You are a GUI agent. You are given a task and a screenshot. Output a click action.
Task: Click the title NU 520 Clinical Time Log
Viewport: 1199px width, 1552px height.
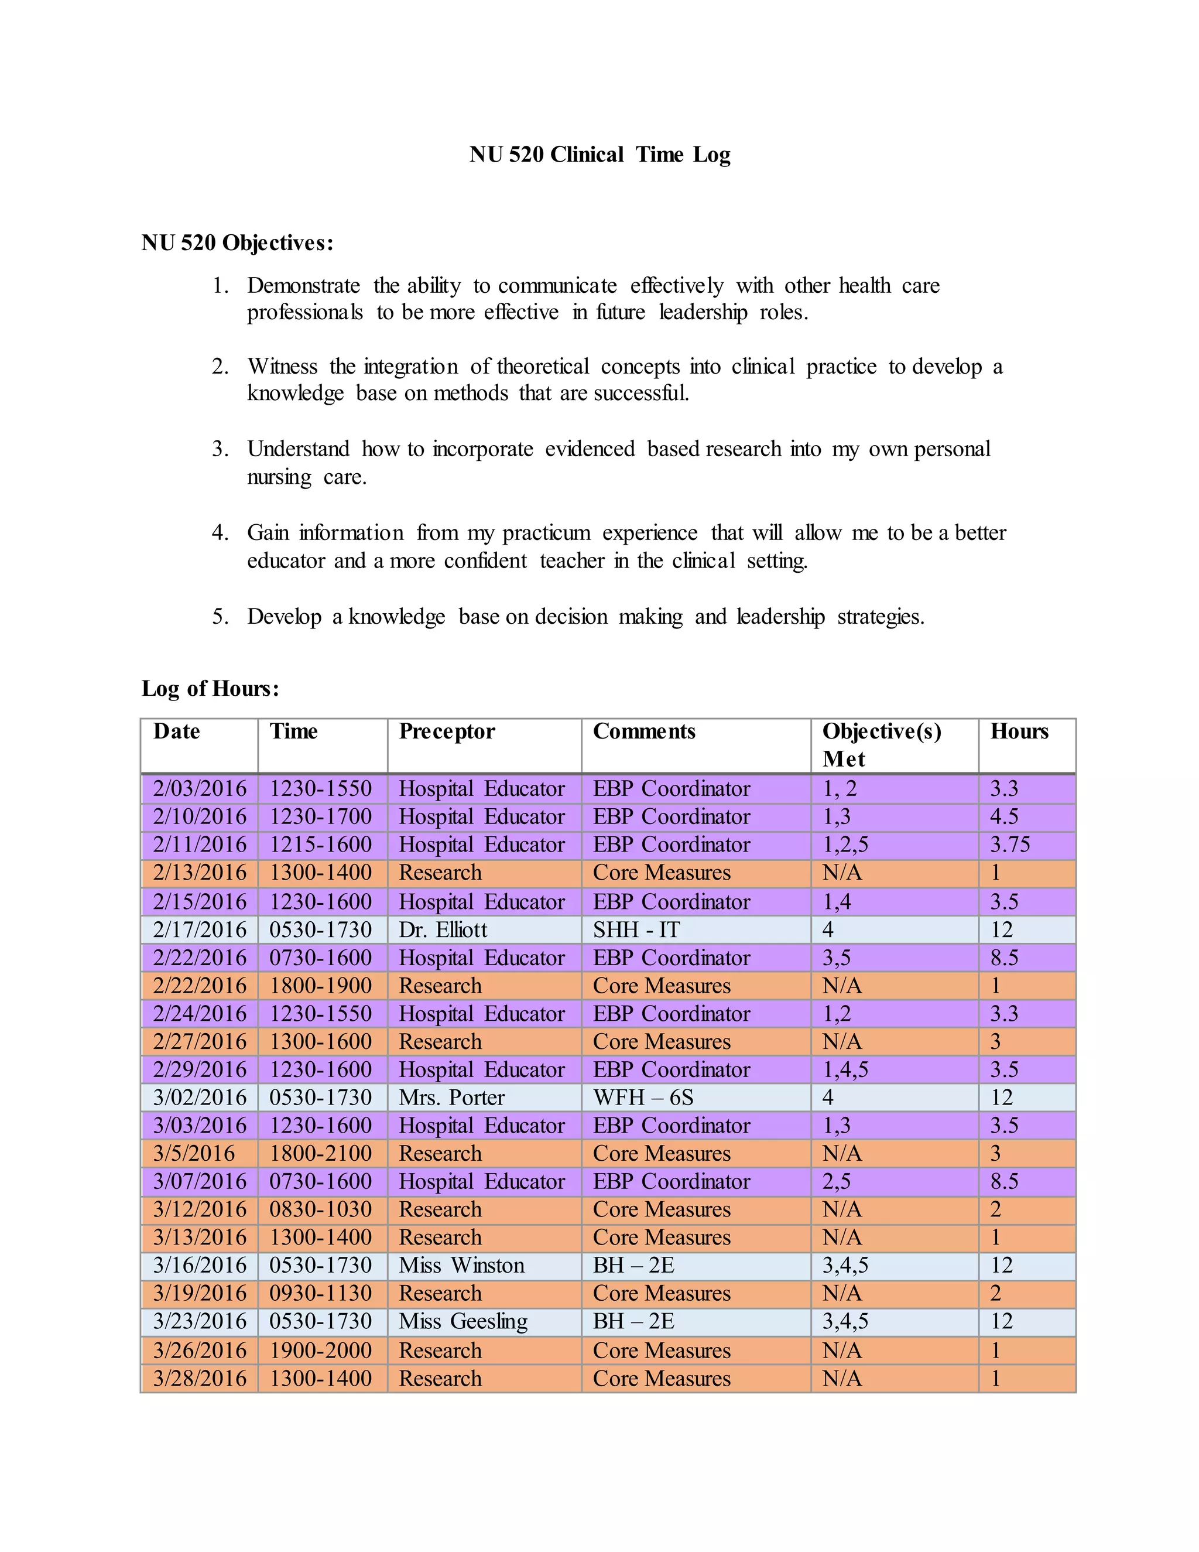[599, 154]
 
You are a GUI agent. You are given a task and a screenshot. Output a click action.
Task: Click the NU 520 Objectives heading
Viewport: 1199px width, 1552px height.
[237, 243]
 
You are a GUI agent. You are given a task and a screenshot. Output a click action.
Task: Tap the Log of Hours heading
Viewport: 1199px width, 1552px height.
[210, 688]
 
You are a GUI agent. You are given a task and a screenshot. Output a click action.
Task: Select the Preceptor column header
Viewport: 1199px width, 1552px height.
[447, 731]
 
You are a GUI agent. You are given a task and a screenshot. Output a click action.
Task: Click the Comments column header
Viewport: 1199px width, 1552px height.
[643, 731]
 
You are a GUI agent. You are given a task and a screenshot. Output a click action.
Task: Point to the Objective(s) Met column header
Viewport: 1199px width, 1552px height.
[882, 745]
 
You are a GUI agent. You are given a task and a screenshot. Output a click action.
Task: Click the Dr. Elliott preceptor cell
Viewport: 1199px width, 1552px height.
[443, 929]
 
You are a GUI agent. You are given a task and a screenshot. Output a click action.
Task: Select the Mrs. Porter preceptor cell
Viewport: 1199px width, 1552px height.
[452, 1097]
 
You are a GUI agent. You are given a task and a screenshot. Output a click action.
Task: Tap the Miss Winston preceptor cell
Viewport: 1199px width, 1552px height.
[462, 1265]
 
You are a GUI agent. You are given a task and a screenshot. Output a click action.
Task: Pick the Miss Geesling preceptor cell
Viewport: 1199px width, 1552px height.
[463, 1321]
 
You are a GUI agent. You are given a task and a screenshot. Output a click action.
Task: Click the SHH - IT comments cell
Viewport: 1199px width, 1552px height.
[636, 929]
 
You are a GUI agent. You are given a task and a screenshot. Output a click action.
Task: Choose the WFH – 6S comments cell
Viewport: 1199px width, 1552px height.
[643, 1097]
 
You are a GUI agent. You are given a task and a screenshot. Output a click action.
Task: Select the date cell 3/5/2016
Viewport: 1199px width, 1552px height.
[194, 1153]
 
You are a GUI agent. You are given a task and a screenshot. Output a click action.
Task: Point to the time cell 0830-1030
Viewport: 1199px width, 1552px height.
[320, 1209]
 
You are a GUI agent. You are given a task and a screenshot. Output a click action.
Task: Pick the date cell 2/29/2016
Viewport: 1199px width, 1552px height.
[200, 1069]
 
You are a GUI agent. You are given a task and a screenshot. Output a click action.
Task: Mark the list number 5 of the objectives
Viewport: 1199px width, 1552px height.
[220, 616]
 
